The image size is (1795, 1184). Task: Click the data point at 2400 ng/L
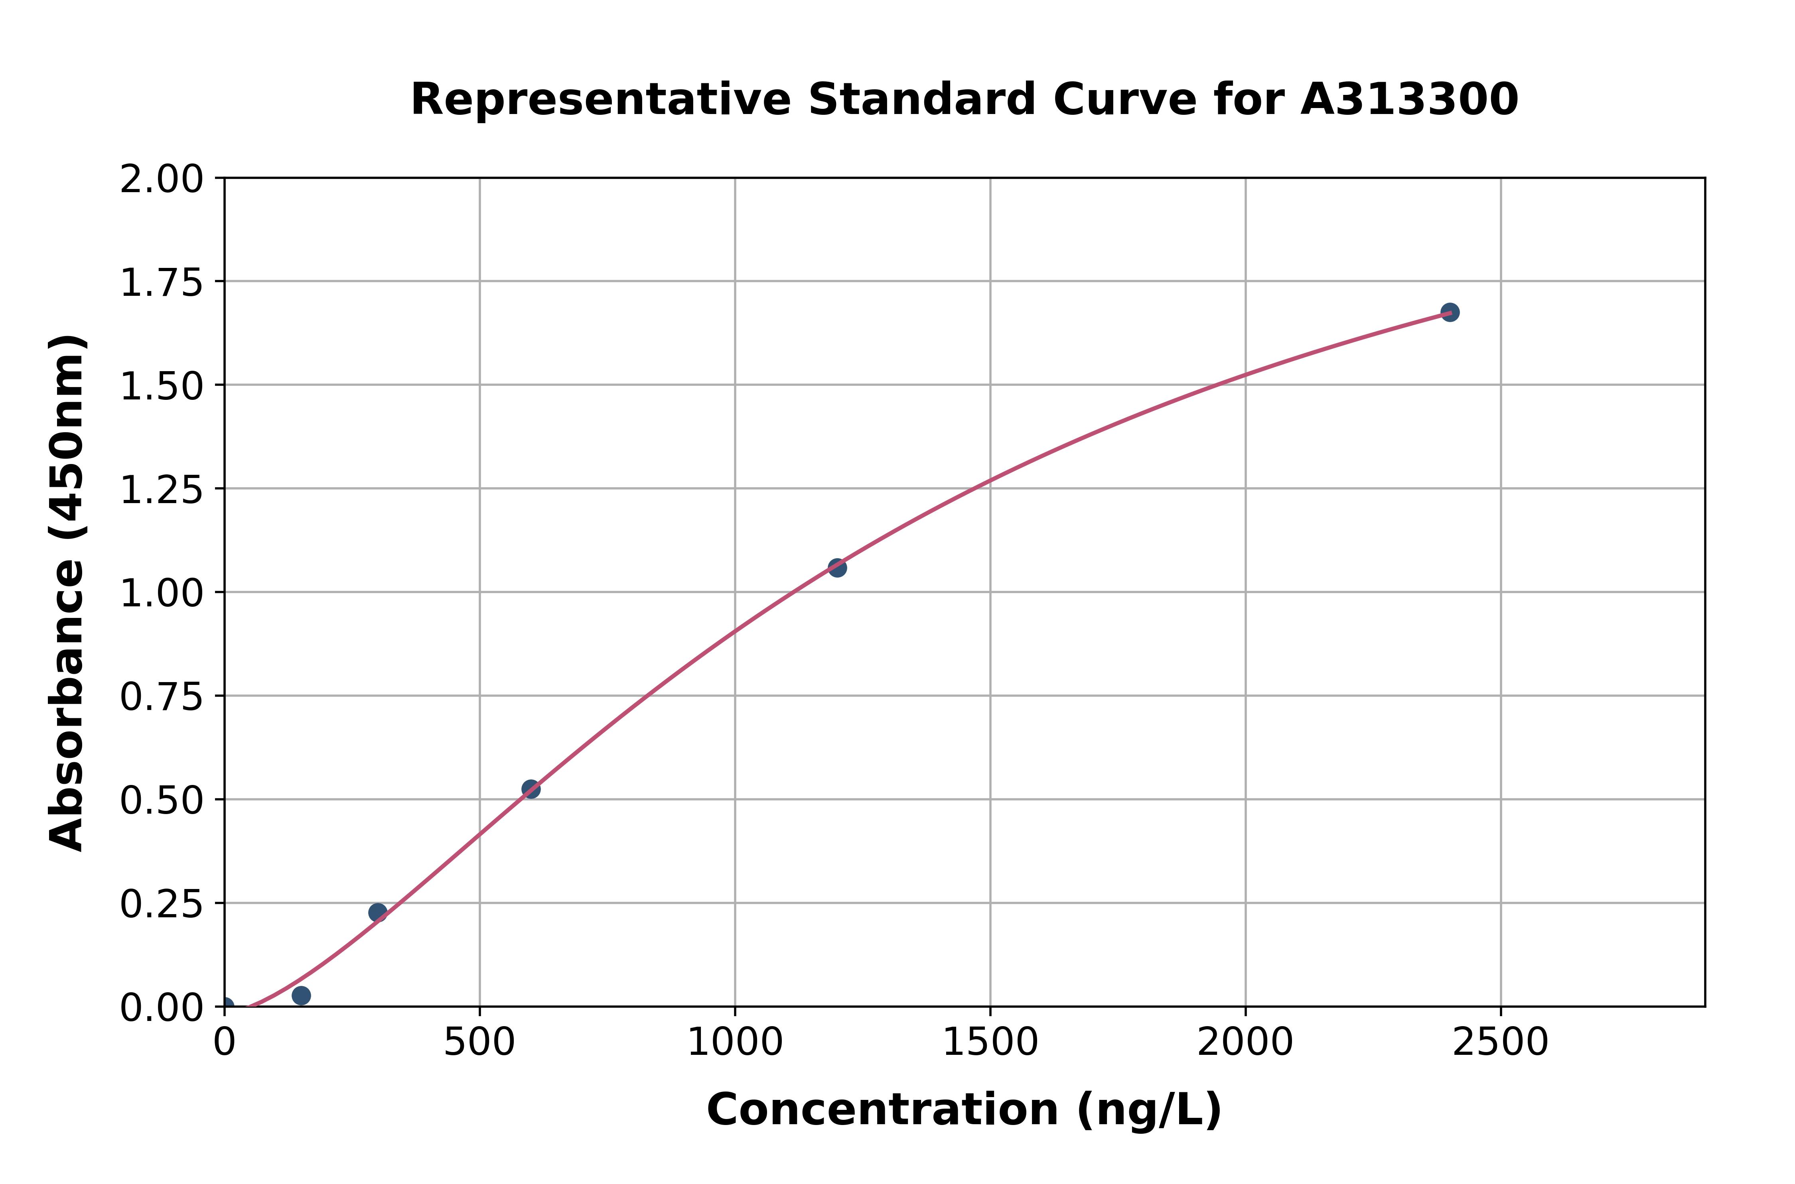tap(1449, 312)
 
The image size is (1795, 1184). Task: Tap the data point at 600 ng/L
tap(531, 789)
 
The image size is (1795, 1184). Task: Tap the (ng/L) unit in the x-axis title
tap(1148, 1110)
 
